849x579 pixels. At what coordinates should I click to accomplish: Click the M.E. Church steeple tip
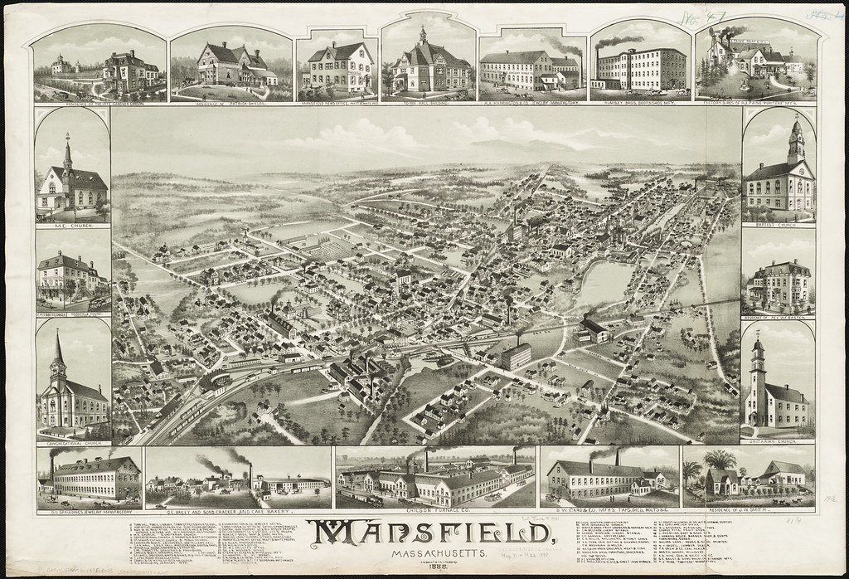point(67,137)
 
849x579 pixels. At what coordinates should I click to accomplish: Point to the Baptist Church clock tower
point(796,141)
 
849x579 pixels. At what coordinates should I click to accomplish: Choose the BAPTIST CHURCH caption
point(778,222)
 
